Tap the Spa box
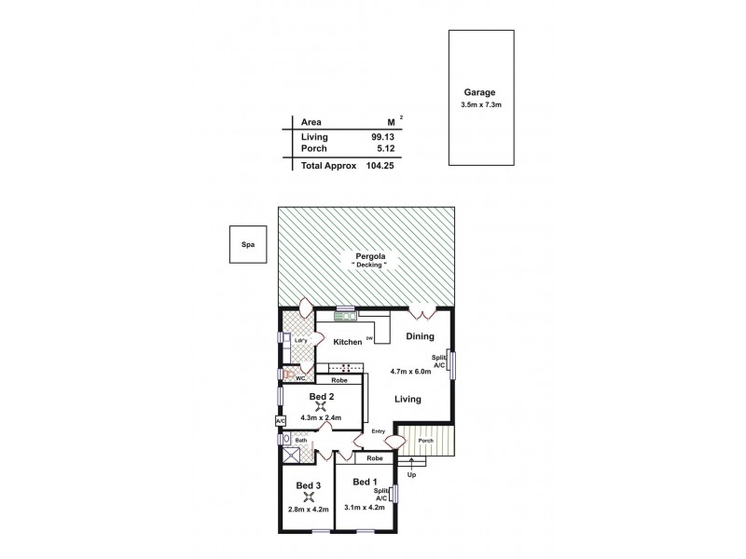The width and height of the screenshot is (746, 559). click(248, 245)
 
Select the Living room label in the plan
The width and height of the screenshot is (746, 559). click(407, 399)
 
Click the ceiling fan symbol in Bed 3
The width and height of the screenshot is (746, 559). click(309, 497)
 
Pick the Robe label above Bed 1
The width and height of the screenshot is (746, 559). click(374, 458)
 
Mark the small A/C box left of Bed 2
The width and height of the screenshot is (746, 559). click(280, 421)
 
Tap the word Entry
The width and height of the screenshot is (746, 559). click(379, 431)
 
